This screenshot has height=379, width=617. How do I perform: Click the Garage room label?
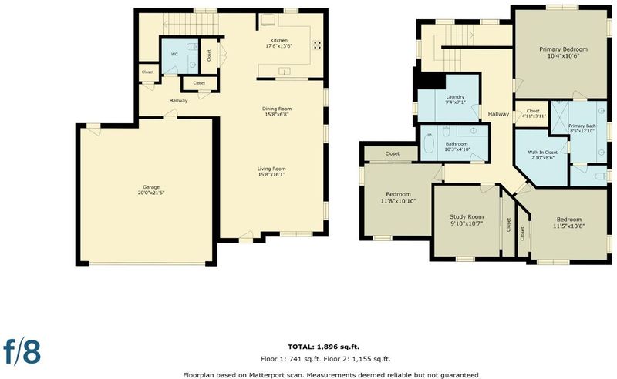pyautogui.click(x=151, y=190)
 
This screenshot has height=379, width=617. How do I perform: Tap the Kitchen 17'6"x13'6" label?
pyautogui.click(x=278, y=43)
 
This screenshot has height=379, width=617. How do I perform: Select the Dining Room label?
pyautogui.click(x=277, y=112)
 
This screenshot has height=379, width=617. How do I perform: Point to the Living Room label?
pyautogui.click(x=271, y=172)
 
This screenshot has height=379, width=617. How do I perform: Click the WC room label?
pyautogui.click(x=174, y=54)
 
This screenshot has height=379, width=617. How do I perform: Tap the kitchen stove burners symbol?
pyautogui.click(x=317, y=45)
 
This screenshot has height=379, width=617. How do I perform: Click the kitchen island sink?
pyautogui.click(x=284, y=71)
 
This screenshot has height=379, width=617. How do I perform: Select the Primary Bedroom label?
pyautogui.click(x=563, y=52)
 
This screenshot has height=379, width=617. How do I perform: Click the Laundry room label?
pyautogui.click(x=455, y=99)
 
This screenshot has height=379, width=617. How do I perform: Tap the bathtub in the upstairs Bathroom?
pyautogui.click(x=429, y=144)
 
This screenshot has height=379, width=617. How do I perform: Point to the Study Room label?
pyautogui.click(x=467, y=220)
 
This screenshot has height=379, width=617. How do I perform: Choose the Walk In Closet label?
pyautogui.click(x=543, y=155)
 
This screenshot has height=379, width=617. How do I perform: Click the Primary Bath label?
pyautogui.click(x=582, y=128)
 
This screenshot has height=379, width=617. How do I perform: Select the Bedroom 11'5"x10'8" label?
pyautogui.click(x=569, y=223)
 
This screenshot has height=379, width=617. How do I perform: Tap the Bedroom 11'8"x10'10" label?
pyautogui.click(x=398, y=197)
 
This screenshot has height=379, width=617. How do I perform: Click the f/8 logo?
pyautogui.click(x=22, y=350)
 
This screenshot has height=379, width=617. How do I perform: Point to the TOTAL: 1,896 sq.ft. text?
pyautogui.click(x=323, y=347)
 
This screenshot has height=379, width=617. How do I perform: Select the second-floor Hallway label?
pyautogui.click(x=498, y=115)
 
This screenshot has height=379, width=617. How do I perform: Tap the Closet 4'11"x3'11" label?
pyautogui.click(x=533, y=113)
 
